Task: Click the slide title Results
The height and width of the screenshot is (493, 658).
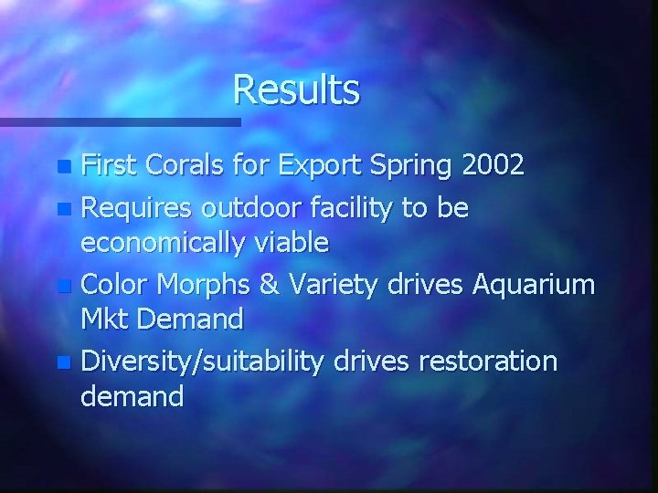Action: pyautogui.click(x=296, y=89)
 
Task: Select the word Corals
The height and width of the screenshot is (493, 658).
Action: pyautogui.click(x=174, y=165)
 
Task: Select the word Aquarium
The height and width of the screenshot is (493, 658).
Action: pyautogui.click(x=534, y=285)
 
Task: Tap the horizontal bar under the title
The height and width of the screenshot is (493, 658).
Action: pyautogui.click(x=119, y=121)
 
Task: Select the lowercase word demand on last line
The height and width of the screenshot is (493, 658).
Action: pyautogui.click(x=133, y=395)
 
